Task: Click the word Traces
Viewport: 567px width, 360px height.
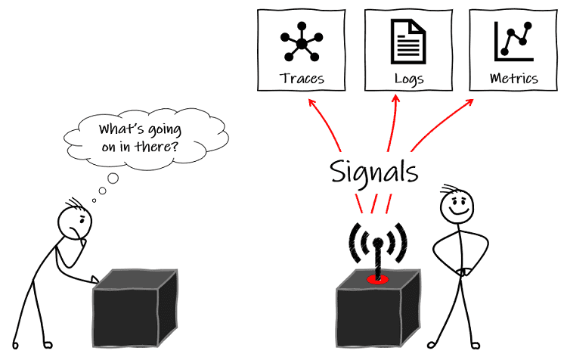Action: click(x=302, y=78)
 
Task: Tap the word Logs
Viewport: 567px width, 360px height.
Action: click(x=409, y=79)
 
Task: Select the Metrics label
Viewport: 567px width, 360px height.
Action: click(x=514, y=78)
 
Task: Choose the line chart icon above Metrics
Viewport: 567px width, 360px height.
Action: click(x=513, y=42)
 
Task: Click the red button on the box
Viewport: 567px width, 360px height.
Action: click(x=377, y=280)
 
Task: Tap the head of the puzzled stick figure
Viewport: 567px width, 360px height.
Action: click(x=74, y=223)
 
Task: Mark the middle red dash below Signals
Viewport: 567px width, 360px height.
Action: click(x=375, y=203)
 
